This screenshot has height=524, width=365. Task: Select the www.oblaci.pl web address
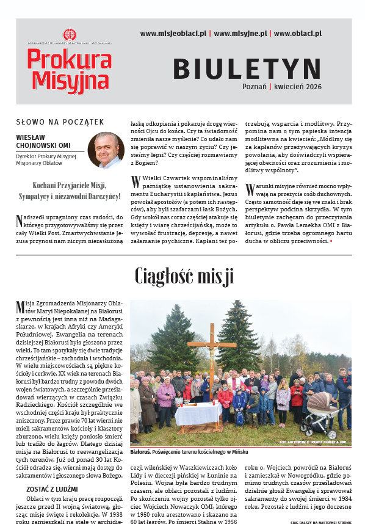pos(297,34)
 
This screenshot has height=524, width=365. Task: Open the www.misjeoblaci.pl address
pos(173,34)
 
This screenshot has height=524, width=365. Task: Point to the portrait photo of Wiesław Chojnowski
pos(106,150)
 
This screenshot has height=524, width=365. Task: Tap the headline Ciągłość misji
pos(184,276)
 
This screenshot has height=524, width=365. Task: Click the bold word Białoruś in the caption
pos(140,452)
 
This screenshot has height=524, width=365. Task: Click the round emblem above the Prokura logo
pos(68,34)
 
